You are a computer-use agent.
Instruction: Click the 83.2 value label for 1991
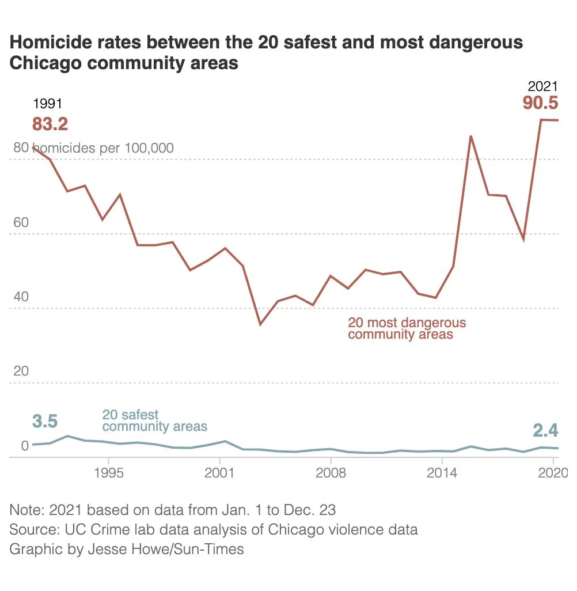click(50, 124)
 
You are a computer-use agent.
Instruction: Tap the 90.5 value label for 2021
click(541, 103)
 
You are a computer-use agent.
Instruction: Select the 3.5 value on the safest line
click(45, 421)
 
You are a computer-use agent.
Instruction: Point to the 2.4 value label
click(545, 430)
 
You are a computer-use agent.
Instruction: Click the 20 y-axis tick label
click(21, 371)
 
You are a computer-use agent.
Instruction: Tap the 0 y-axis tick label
click(25, 445)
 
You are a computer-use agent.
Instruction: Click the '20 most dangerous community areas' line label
click(407, 328)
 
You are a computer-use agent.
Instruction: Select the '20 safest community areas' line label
click(154, 420)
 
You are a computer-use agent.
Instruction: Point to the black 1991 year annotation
click(47, 104)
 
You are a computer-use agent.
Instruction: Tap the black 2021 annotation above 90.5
click(543, 86)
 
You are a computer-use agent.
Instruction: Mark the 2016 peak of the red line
click(471, 136)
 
